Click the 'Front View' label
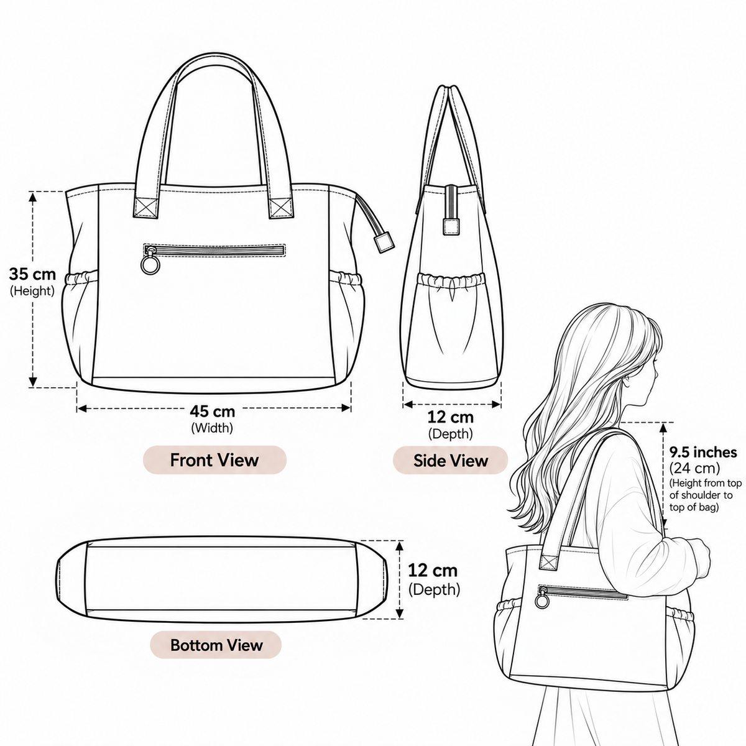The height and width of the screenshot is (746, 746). (x=214, y=460)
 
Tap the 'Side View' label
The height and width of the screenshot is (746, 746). (x=450, y=460)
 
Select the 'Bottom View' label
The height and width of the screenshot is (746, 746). (x=216, y=645)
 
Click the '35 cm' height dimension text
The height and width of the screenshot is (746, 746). (x=32, y=274)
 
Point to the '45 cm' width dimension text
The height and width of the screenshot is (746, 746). (x=212, y=411)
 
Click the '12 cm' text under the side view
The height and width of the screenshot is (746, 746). (x=450, y=417)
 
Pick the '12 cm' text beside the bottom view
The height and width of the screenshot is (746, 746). (x=433, y=570)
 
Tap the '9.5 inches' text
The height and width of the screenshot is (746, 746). (x=703, y=452)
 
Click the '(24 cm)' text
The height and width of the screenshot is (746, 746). (x=694, y=469)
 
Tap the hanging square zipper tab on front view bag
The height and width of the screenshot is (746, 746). (x=384, y=242)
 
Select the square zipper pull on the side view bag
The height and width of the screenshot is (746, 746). (x=451, y=226)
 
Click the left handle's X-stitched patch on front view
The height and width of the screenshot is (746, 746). (x=146, y=208)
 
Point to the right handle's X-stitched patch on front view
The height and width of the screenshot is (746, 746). (x=282, y=208)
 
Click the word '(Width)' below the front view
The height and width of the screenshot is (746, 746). (x=212, y=428)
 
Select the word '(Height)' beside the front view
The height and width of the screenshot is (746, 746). (x=32, y=291)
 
